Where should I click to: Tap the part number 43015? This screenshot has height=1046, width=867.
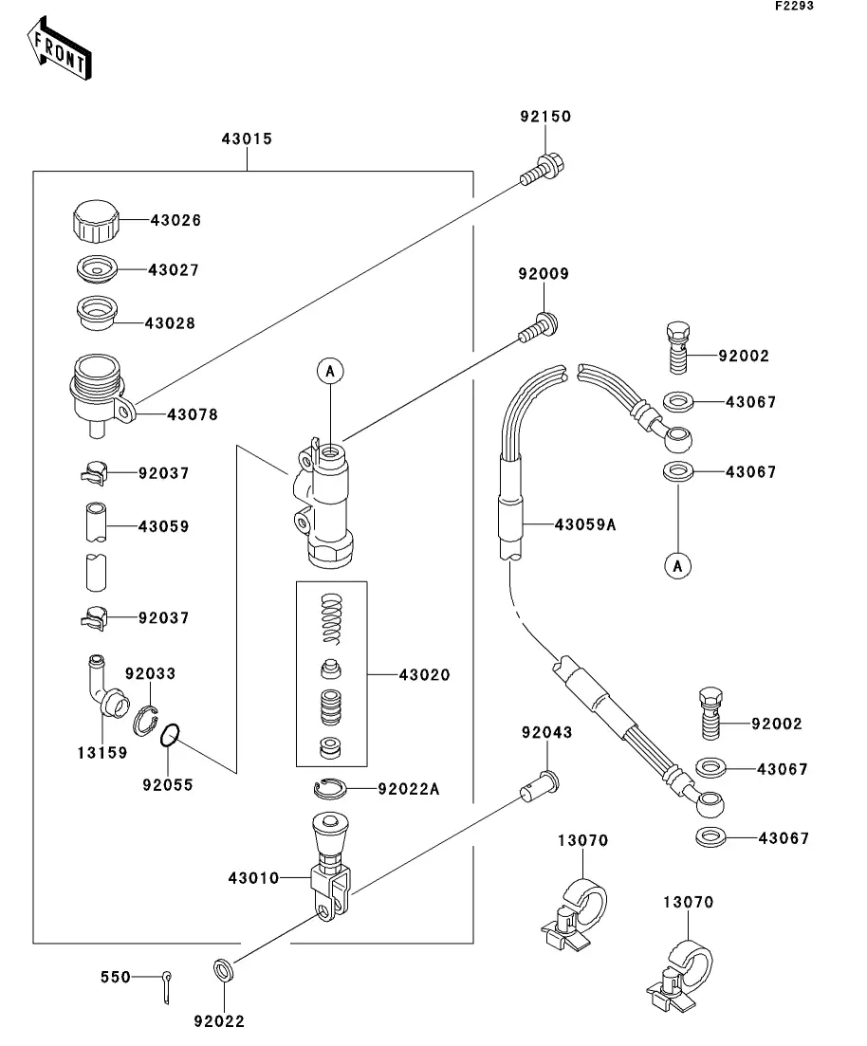click(x=247, y=138)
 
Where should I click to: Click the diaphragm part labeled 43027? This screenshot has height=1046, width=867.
click(x=96, y=268)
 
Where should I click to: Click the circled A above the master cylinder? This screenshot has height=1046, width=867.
click(x=329, y=372)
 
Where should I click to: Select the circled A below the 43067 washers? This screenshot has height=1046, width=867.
click(x=677, y=566)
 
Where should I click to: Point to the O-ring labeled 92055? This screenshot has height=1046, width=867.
click(x=170, y=735)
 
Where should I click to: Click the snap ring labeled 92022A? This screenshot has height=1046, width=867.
click(x=329, y=786)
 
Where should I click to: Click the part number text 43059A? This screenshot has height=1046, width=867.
click(x=585, y=523)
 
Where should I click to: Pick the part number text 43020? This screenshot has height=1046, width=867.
click(x=424, y=675)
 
